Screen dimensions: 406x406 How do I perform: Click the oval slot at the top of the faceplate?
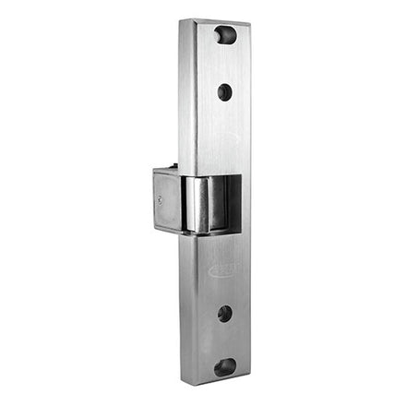[x=225, y=35]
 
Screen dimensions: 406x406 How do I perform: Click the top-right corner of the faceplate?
[x=250, y=27]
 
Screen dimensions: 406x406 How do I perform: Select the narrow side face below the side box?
[x=186, y=304]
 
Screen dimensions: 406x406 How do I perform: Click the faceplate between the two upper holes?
[x=224, y=63]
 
